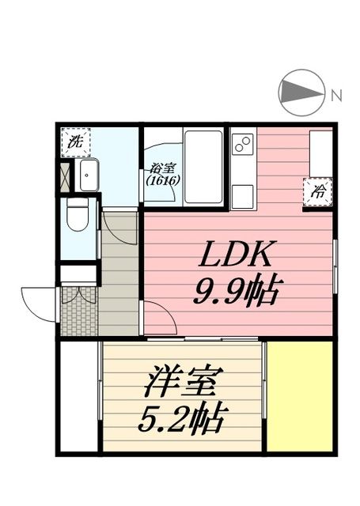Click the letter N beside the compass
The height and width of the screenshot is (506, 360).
[x=336, y=96]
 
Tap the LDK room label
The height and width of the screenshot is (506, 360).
[x=237, y=256]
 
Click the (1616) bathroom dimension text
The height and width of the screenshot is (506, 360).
[x=162, y=180]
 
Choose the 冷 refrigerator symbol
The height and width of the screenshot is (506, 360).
[x=317, y=191]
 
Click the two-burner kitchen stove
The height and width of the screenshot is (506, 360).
[x=242, y=145]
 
